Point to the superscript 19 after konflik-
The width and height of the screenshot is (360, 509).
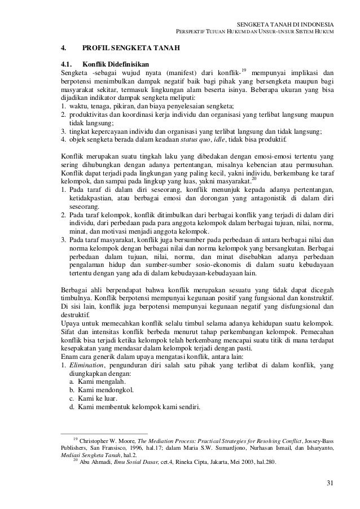243,70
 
